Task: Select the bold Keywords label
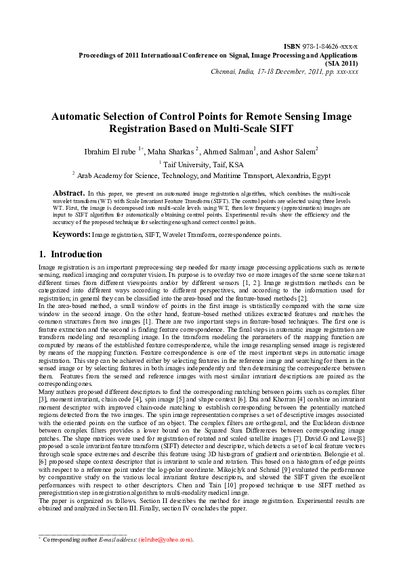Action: (x=72, y=234)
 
